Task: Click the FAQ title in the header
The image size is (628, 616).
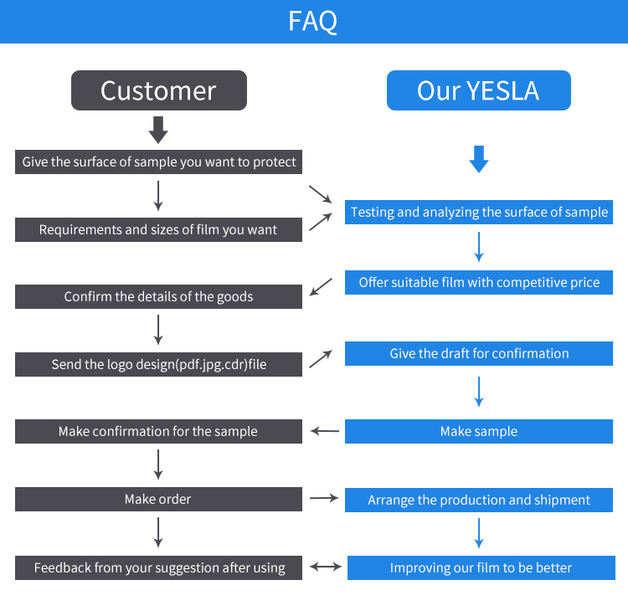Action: (x=313, y=21)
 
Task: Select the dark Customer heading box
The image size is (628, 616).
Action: (x=159, y=90)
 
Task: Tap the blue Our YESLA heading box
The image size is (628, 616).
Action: (x=478, y=90)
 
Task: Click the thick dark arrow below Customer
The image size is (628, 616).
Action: (x=158, y=130)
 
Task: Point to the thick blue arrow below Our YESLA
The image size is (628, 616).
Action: (x=478, y=158)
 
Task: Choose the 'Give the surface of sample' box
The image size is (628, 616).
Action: (x=158, y=162)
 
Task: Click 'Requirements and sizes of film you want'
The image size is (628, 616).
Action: (x=158, y=229)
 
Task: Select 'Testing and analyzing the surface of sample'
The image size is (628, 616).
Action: (x=479, y=212)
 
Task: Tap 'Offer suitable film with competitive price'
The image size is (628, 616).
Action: (x=479, y=282)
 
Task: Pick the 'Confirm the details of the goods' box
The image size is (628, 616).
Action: (x=158, y=296)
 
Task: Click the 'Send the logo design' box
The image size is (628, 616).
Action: (x=158, y=364)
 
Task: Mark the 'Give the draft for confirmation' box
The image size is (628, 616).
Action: (x=479, y=353)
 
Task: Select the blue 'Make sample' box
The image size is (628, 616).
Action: (x=479, y=431)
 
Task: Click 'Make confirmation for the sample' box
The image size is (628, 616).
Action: (x=158, y=431)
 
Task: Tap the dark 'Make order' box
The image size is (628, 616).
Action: (x=158, y=499)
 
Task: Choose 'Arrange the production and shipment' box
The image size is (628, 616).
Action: (x=479, y=500)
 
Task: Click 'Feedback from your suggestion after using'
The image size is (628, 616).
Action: (x=159, y=567)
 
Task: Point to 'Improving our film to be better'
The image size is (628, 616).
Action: (x=481, y=567)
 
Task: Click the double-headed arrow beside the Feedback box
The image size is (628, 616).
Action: (x=326, y=567)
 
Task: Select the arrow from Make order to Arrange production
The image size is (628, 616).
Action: (x=323, y=499)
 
